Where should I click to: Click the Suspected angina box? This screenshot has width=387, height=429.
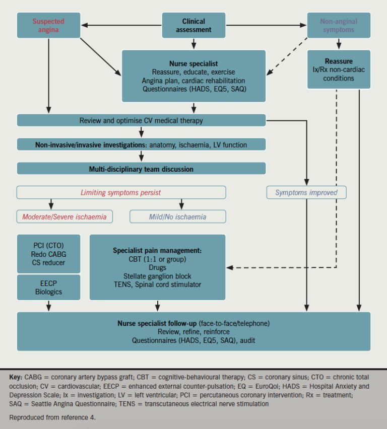tap(48, 25)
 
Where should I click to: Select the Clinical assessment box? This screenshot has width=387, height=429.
tap(193, 25)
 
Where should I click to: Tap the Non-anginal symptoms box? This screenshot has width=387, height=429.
tap(338, 25)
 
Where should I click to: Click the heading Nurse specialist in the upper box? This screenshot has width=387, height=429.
tap(193, 63)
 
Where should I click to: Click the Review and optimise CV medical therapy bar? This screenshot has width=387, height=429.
tap(141, 120)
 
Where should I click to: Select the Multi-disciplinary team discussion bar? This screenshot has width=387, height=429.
tap(141, 169)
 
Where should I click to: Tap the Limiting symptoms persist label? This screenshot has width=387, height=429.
tap(121, 192)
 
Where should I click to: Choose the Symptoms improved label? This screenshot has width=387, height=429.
tap(306, 192)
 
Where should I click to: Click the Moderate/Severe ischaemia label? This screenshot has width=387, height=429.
tap(64, 217)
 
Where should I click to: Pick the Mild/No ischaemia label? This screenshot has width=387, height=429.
tap(177, 217)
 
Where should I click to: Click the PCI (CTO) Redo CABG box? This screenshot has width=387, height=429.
tap(48, 254)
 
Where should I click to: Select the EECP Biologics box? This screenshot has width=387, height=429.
tap(48, 287)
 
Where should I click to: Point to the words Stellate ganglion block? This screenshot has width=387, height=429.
tap(157, 276)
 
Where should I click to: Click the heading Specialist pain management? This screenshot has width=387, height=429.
tap(157, 250)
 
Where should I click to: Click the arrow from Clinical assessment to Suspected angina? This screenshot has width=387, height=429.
tap(121, 24)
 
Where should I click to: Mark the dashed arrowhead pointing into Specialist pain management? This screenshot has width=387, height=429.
tap(230, 267)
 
